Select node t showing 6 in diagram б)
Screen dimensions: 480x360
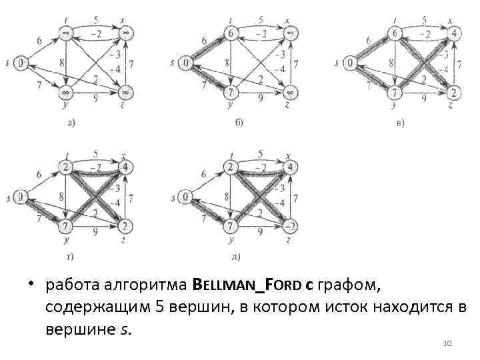click(231, 33)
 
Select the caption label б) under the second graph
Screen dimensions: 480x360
click(238, 122)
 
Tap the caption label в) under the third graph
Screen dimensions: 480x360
click(399, 122)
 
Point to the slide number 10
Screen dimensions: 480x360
click(447, 343)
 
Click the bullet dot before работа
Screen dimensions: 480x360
click(31, 286)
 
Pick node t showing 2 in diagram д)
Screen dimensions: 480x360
click(231, 165)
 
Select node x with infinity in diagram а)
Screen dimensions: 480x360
click(125, 33)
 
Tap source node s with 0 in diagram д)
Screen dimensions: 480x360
click(186, 197)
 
